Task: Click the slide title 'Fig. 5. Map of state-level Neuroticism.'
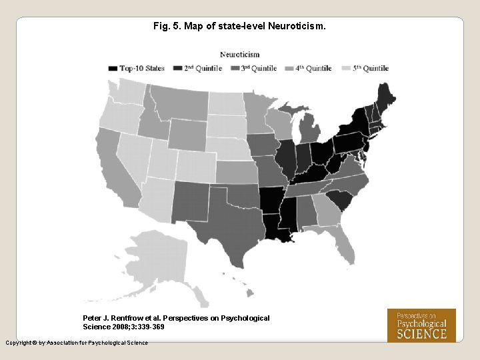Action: click(x=239, y=27)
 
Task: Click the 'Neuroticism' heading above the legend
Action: click(x=240, y=55)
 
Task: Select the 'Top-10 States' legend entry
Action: click(x=137, y=68)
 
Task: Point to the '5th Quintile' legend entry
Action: click(x=365, y=68)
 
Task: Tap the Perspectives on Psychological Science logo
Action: click(x=421, y=325)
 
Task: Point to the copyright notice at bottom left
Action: click(x=77, y=343)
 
